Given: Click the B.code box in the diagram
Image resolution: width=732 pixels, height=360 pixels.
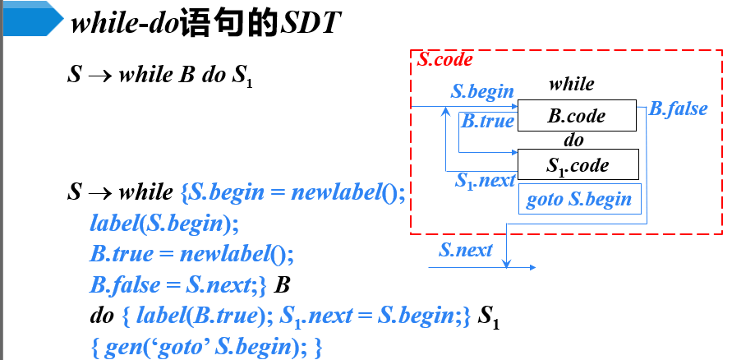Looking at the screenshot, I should pos(577,116).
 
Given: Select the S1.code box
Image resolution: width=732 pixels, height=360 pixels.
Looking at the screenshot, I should pos(577,164).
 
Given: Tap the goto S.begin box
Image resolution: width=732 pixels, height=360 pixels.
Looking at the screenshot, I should pos(578,199).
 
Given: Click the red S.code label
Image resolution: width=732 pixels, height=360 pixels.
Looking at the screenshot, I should pos(444,60).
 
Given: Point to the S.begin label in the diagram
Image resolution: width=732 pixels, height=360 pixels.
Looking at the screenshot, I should pos(482,91).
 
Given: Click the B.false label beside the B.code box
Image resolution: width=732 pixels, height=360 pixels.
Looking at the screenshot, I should pos(678,108).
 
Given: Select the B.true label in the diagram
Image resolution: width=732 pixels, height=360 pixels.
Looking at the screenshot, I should pos(487,122).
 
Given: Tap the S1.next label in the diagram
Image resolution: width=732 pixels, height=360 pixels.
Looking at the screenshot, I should pos(485,180).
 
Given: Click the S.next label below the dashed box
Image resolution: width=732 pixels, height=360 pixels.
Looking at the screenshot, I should pos(466,250).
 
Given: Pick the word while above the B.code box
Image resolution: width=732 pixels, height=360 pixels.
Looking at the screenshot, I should pos(571,84).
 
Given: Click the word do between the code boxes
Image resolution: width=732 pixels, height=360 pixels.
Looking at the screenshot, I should pos(573,141).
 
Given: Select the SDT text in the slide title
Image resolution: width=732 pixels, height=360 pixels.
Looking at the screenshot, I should pos(310,24).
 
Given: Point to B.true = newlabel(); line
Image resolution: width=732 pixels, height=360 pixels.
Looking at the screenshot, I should pos(191,254).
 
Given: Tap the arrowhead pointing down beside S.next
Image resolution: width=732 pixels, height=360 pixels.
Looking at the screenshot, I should pos(507,262).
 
